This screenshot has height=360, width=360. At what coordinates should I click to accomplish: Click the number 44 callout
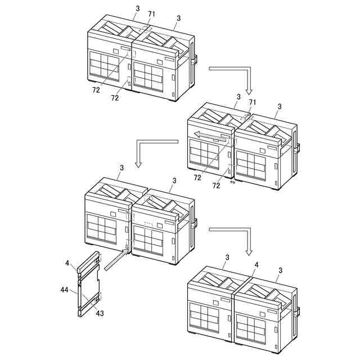(64, 290)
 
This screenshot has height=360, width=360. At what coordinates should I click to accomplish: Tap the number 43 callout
(100, 313)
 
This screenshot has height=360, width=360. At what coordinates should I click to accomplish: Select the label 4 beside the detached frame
(67, 263)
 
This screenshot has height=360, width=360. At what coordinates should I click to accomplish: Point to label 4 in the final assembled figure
(256, 265)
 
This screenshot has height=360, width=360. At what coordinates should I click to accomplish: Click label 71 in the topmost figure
(151, 14)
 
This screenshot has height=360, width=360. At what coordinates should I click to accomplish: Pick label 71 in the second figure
(253, 102)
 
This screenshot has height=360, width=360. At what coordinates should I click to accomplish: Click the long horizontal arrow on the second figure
(212, 136)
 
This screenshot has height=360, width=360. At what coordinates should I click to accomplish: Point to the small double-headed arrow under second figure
(232, 182)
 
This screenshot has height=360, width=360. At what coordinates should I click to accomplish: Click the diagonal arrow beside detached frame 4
(116, 260)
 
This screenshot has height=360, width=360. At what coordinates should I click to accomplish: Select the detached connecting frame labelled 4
(89, 284)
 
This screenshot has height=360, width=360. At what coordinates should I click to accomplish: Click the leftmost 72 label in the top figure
(96, 90)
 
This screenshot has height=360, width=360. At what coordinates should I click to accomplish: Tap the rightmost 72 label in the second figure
(216, 186)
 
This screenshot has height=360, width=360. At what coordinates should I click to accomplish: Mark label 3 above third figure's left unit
(121, 168)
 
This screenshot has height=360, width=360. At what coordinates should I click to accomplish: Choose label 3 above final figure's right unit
(280, 271)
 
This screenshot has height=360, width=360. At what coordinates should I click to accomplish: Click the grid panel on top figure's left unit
(105, 66)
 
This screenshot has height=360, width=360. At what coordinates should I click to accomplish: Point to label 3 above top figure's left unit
(137, 8)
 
